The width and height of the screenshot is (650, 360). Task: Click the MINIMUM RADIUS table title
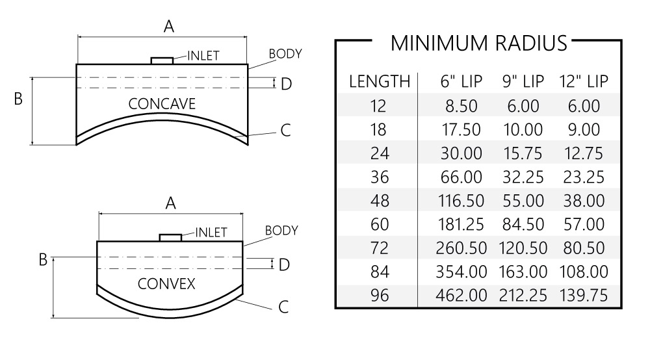[478, 43]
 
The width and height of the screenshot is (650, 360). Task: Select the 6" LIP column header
[461, 82]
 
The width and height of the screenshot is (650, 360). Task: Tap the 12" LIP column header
[584, 82]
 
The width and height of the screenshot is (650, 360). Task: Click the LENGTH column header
[380, 82]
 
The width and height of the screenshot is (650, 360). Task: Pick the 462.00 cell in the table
[461, 296]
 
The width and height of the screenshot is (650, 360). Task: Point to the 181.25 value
[461, 225]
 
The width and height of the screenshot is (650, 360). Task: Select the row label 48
[380, 201]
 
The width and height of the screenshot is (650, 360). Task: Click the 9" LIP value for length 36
[523, 177]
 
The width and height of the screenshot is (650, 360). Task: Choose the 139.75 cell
[584, 296]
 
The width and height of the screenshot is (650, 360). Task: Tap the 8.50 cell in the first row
[461, 106]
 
